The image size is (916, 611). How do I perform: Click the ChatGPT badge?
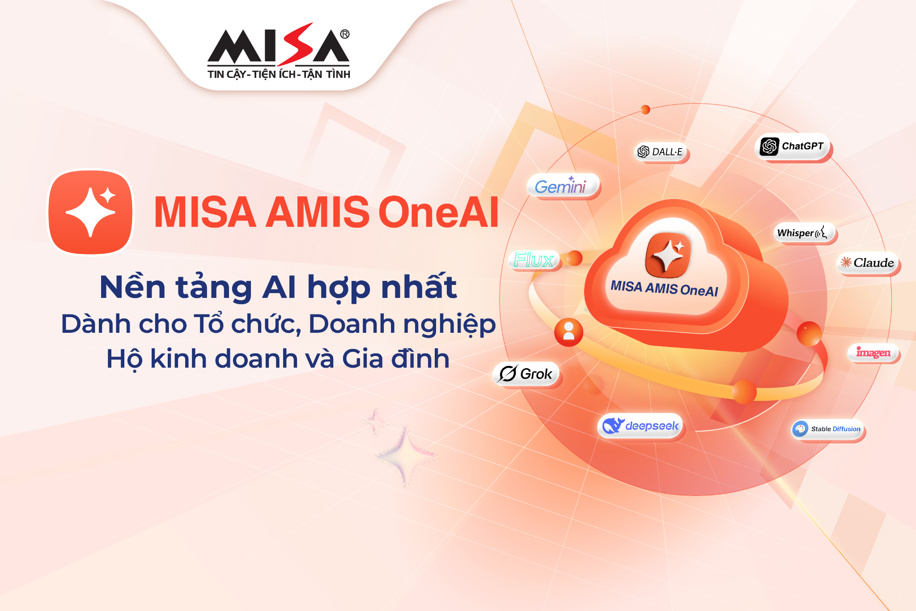click(x=792, y=146)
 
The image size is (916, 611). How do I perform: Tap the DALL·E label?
click(x=661, y=152)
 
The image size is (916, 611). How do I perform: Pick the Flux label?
click(x=534, y=260)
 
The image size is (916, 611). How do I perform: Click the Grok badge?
click(x=526, y=373)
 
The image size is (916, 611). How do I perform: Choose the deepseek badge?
click(x=640, y=426)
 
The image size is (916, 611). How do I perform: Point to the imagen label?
click(x=873, y=352)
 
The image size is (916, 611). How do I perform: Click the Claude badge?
click(x=868, y=263)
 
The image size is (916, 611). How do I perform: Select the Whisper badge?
click(x=803, y=233)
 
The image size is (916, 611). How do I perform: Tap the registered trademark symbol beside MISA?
click(x=344, y=34)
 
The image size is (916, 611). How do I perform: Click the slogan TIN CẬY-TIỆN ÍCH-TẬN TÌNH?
click(x=279, y=75)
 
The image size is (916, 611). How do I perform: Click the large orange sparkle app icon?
click(x=91, y=212)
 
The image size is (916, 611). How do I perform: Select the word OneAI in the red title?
click(x=438, y=212)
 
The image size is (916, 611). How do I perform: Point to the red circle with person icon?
click(x=568, y=332)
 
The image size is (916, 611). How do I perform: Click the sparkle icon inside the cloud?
click(x=667, y=255)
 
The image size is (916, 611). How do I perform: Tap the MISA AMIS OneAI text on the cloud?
click(x=664, y=288)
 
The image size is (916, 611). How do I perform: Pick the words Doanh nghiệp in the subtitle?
click(x=402, y=324)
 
